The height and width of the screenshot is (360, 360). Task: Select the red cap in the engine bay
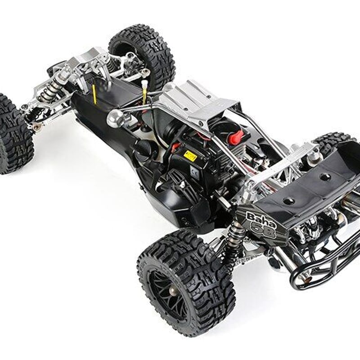[x=235, y=137]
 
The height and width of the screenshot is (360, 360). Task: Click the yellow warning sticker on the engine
[x=190, y=156]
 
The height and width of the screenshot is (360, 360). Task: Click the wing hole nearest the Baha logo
[x=288, y=200]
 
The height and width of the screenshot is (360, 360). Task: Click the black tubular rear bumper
[x=324, y=265]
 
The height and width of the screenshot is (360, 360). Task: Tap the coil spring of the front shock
[x=47, y=92]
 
